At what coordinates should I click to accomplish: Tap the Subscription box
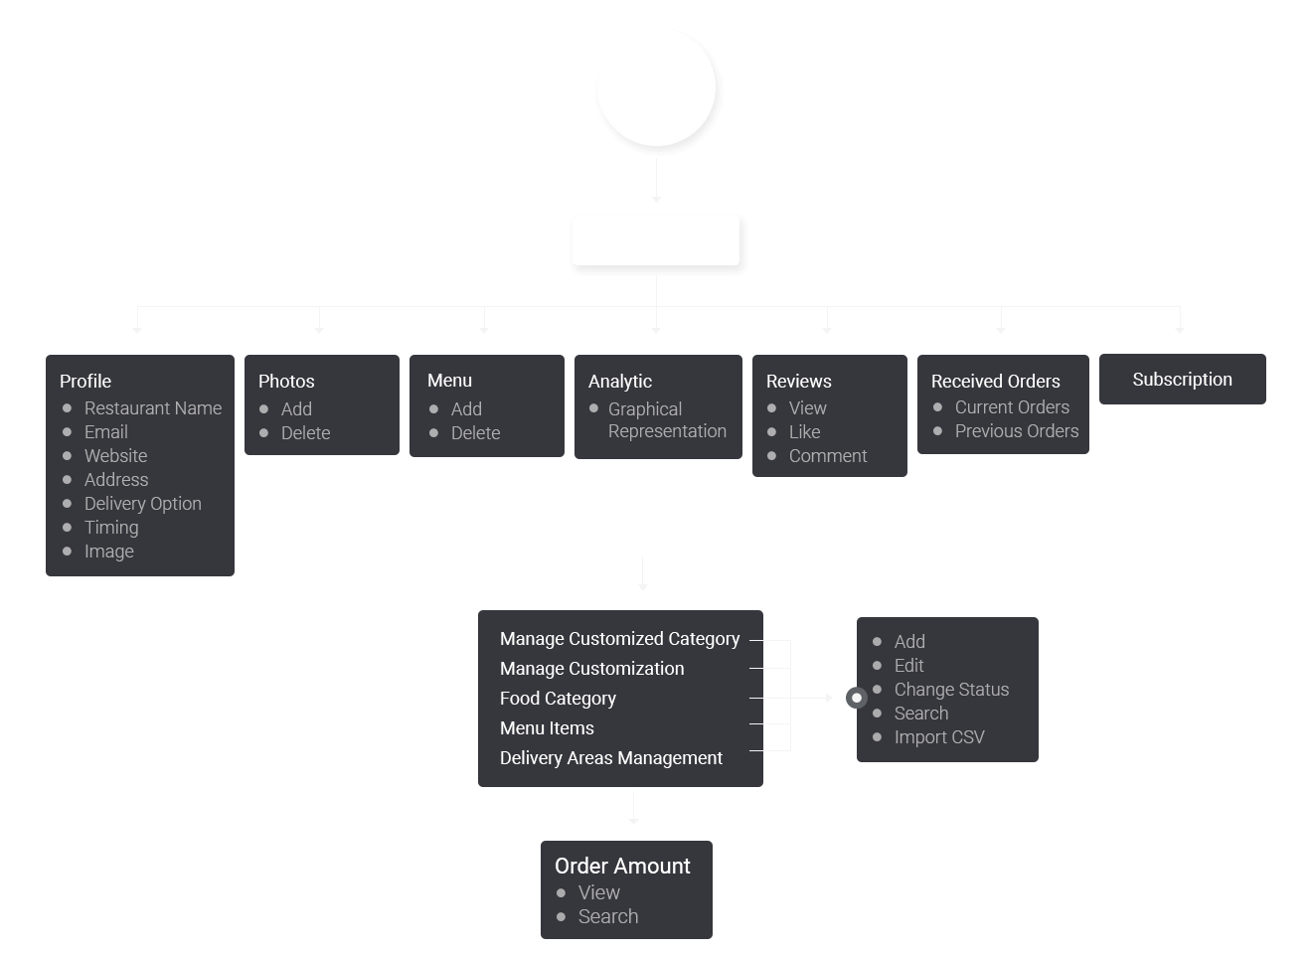(1182, 380)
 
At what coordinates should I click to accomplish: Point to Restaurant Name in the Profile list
(152, 408)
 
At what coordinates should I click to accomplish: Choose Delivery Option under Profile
(142, 504)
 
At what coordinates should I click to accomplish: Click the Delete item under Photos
(305, 433)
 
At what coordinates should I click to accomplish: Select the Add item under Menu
(466, 409)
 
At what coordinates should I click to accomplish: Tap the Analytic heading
(620, 382)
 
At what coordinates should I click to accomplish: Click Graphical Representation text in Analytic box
(666, 420)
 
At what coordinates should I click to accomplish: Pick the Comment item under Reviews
(827, 456)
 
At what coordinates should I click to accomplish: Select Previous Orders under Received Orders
(1016, 431)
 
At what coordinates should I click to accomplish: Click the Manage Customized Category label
(619, 639)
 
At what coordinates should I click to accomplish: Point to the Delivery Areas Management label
(610, 758)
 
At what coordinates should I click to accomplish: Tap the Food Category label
(558, 699)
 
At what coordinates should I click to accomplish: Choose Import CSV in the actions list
(938, 737)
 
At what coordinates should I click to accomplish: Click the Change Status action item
(950, 690)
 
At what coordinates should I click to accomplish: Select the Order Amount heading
(622, 867)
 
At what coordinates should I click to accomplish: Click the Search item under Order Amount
(607, 917)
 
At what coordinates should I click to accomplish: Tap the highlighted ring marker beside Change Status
(856, 698)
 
